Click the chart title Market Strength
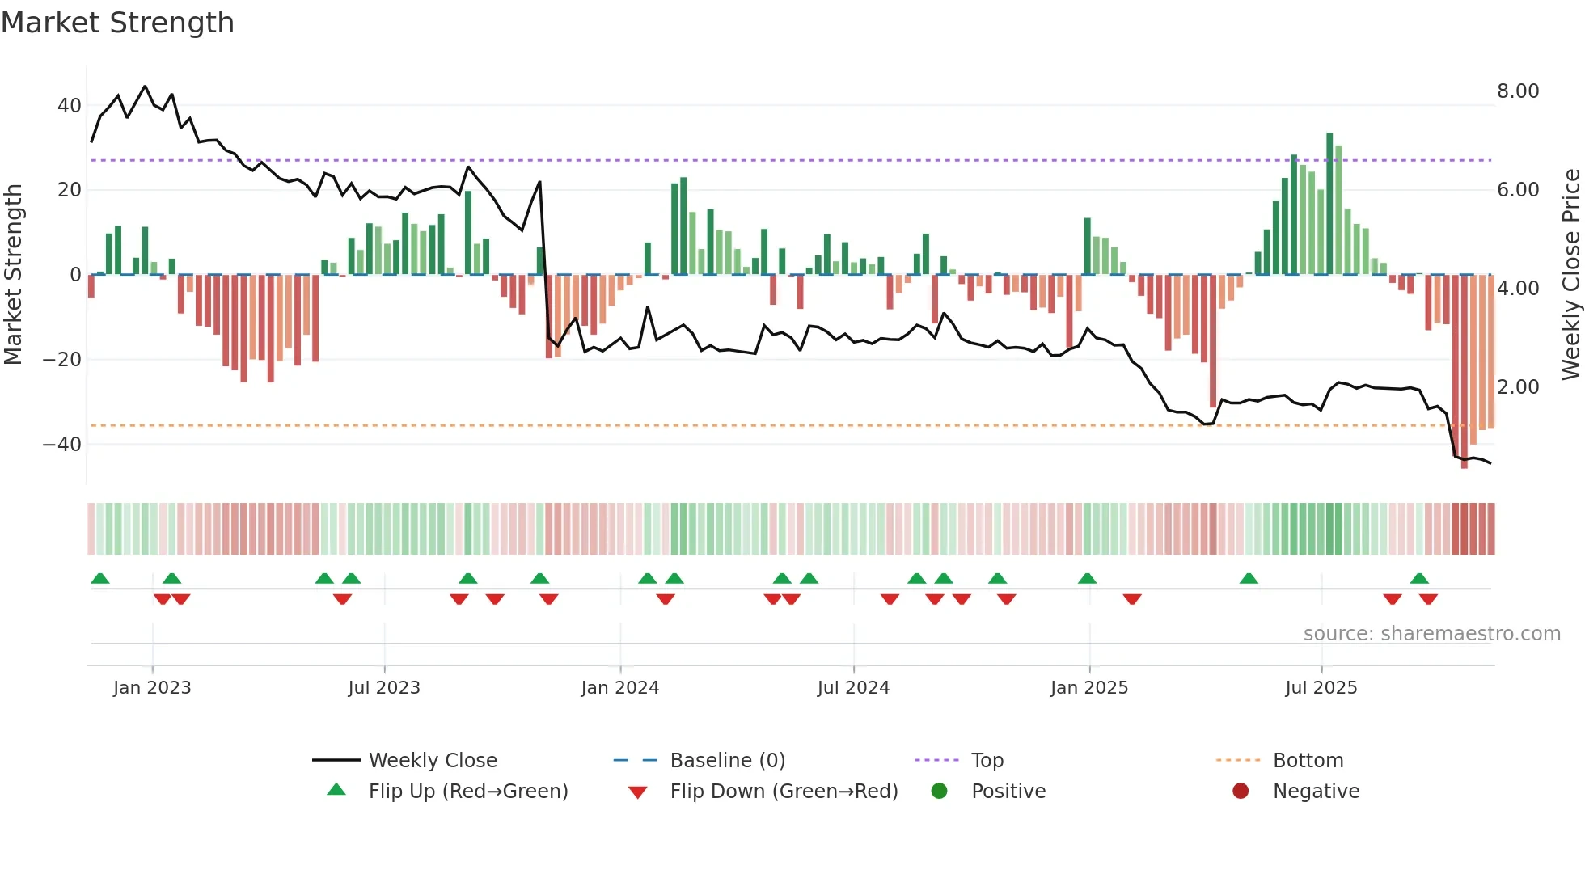click(x=117, y=23)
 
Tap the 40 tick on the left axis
click(x=70, y=106)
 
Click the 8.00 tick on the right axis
click(x=1518, y=91)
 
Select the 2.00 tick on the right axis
click(x=1518, y=386)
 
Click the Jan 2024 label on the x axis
click(x=620, y=688)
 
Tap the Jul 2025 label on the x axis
click(x=1321, y=688)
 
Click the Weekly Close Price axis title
click(x=1570, y=275)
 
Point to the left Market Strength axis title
click(x=13, y=275)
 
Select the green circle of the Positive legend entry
click(x=939, y=792)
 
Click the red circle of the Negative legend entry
click(x=1241, y=792)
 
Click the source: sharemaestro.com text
click(x=1431, y=634)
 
